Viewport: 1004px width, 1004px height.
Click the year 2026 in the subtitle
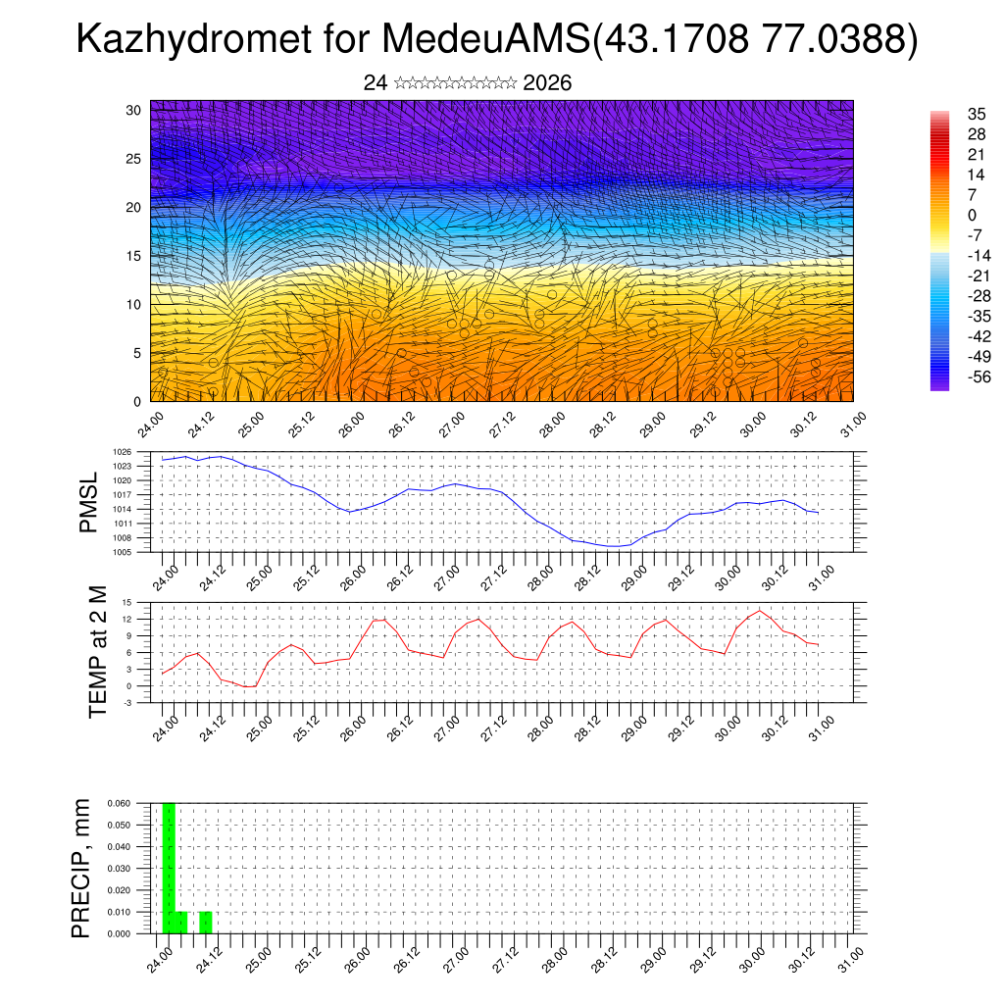tap(547, 83)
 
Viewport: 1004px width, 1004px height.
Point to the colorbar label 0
tap(971, 215)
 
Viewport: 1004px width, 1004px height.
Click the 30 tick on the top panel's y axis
tap(134, 110)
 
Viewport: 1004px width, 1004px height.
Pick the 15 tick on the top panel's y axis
tap(134, 256)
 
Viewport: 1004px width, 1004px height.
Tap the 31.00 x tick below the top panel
tap(856, 427)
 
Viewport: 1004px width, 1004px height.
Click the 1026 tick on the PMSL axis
tap(143, 453)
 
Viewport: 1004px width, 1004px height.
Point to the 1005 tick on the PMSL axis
tap(143, 552)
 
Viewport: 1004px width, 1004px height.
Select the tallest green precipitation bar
tap(169, 868)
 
